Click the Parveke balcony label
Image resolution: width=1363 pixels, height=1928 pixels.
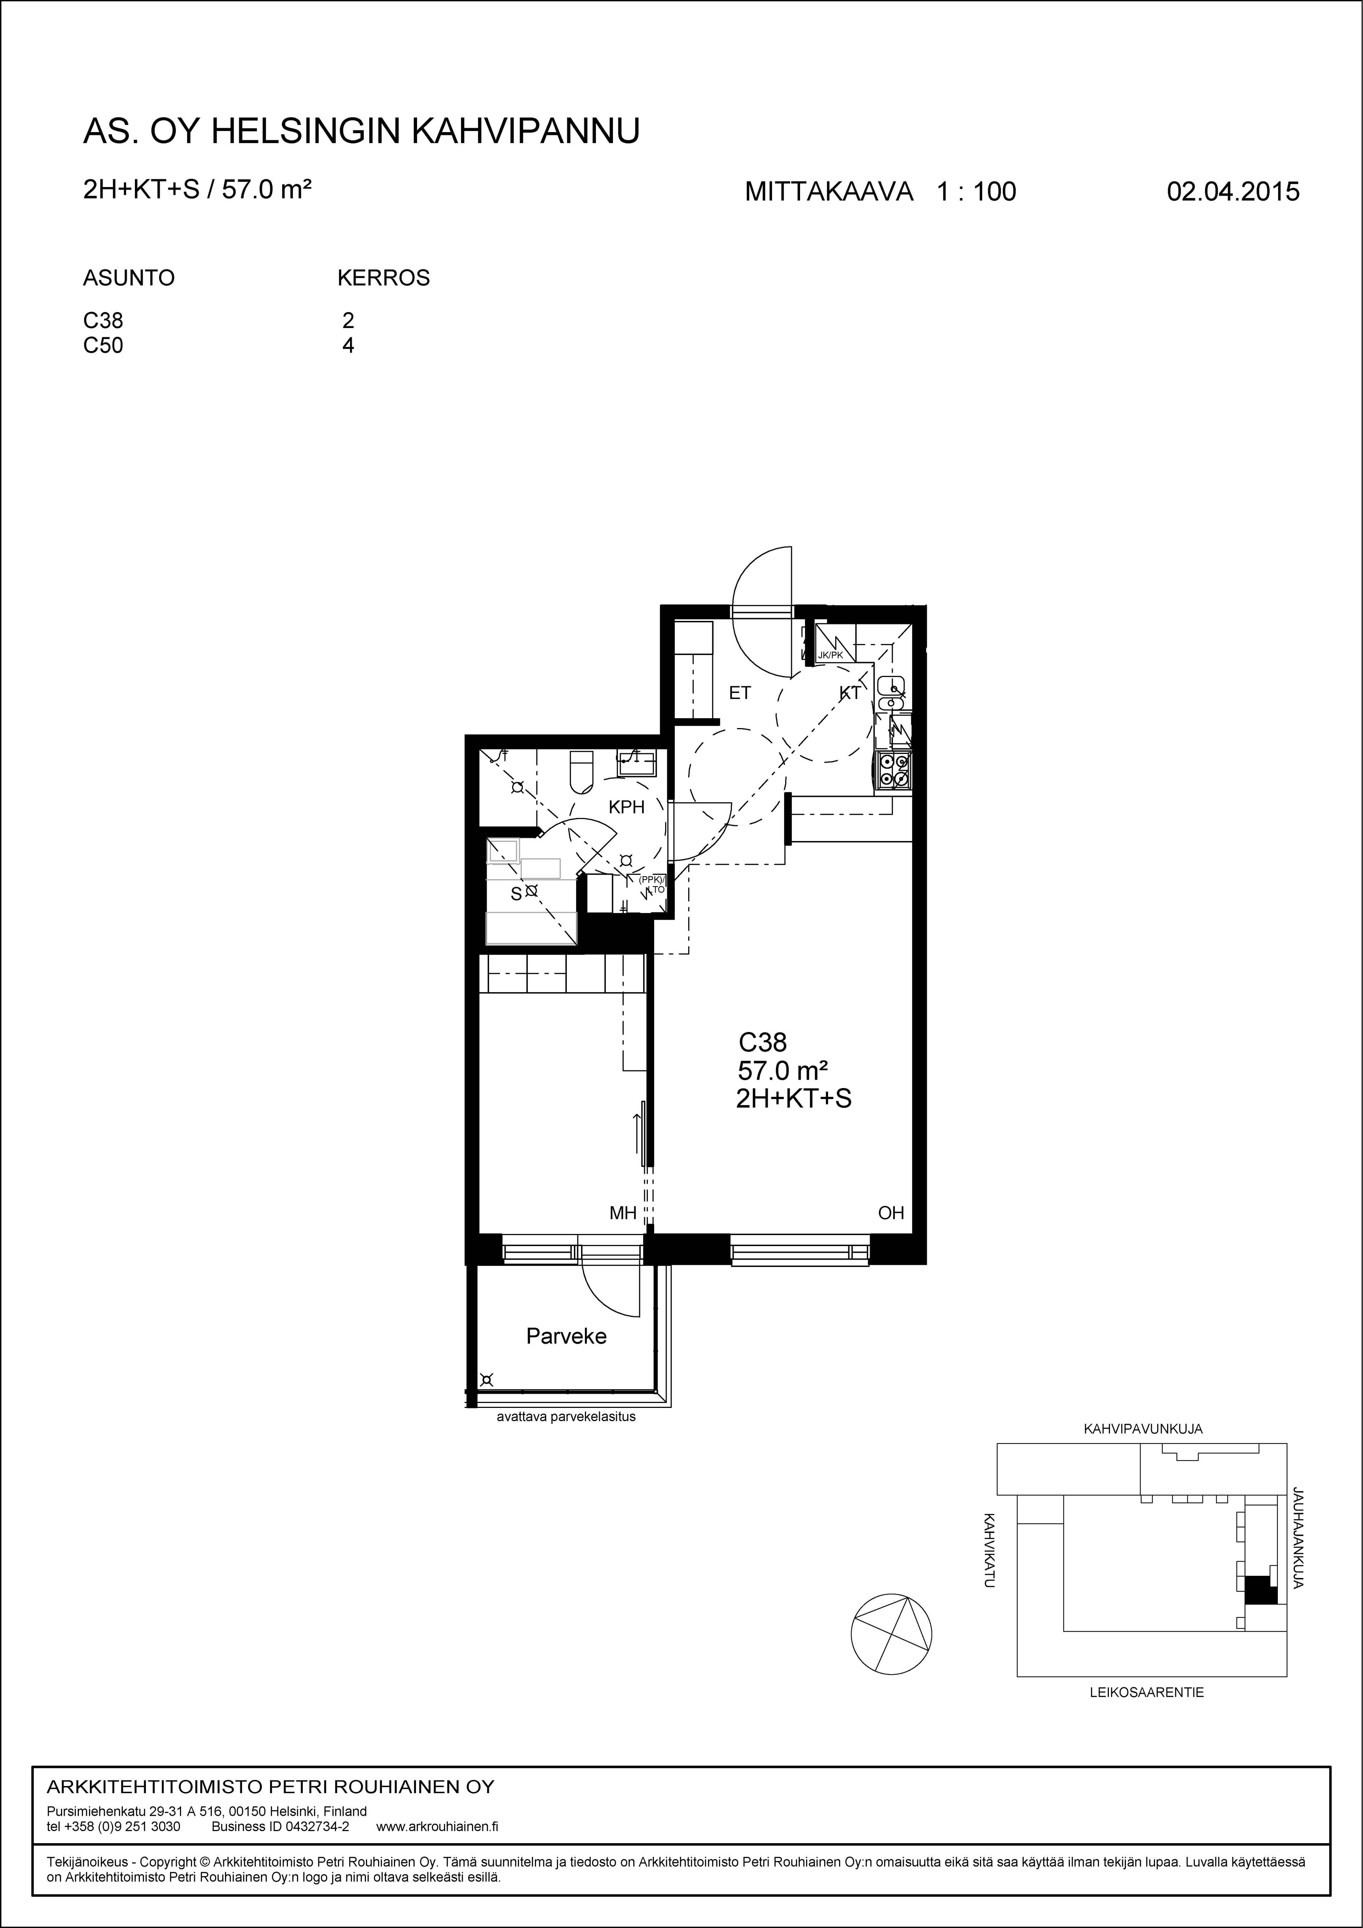[x=566, y=1336]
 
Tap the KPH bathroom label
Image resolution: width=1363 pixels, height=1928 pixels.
[x=626, y=807]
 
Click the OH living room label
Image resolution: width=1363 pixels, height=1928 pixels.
[x=891, y=1213]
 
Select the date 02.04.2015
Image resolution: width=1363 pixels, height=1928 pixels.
[x=1233, y=191]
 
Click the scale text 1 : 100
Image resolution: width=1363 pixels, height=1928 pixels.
[x=976, y=191]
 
